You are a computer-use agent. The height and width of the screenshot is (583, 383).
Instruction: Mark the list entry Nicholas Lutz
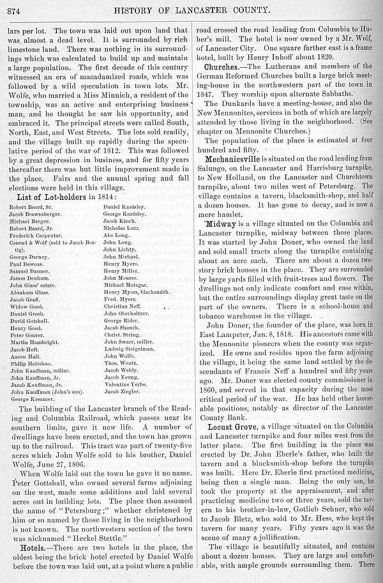122,227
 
